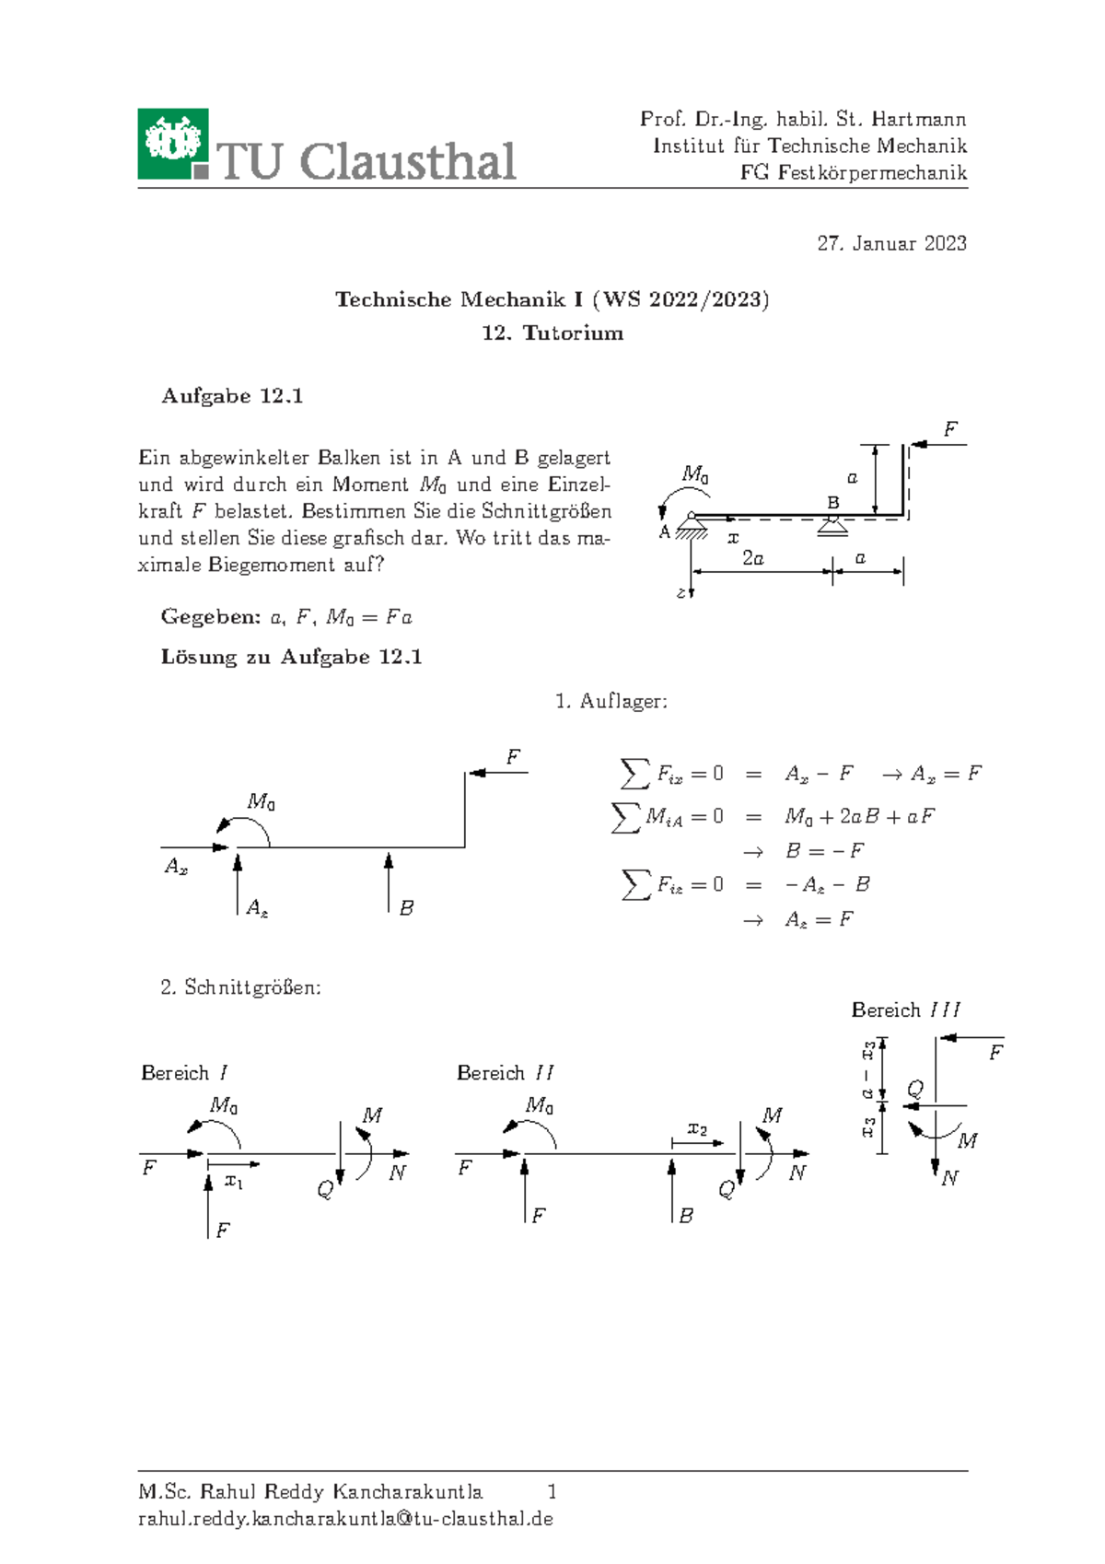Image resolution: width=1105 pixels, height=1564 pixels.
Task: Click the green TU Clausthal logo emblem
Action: [173, 144]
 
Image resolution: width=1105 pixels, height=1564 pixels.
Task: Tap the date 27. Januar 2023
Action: [891, 243]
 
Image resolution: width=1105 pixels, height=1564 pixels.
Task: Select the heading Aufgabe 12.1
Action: [232, 396]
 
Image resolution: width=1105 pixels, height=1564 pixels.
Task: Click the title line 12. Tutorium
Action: [552, 333]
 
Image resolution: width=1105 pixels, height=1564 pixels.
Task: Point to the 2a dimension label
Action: [753, 558]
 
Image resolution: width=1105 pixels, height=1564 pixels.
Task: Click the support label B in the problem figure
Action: [833, 503]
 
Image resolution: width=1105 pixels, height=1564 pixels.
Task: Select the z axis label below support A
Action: [680, 593]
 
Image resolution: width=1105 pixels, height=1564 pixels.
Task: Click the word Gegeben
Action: [210, 617]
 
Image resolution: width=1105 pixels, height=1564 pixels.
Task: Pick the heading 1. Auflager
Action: [611, 702]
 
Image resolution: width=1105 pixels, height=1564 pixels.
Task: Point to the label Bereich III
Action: [905, 1010]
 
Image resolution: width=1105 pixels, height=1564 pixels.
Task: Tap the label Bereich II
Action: [505, 1073]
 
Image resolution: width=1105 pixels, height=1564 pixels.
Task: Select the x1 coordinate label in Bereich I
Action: [234, 1181]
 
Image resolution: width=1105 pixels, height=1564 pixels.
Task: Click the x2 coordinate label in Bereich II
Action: [697, 1129]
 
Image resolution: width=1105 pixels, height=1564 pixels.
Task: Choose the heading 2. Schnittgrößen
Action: [240, 987]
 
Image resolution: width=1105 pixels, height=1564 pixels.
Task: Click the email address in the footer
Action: [345, 1519]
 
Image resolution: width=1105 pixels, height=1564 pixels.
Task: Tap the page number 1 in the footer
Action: [552, 1491]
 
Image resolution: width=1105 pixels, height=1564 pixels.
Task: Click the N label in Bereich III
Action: [949, 1178]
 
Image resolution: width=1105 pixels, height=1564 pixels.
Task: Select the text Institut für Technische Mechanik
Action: [809, 146]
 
